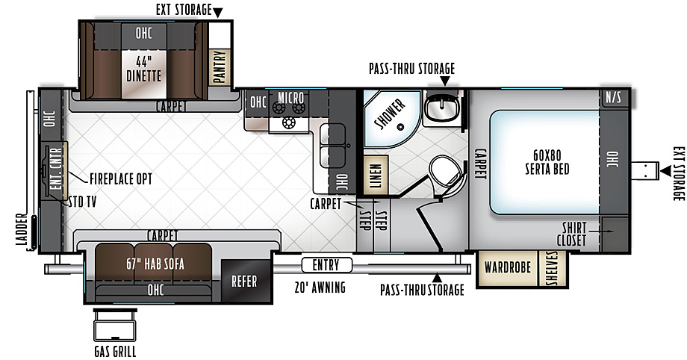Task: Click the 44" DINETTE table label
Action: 143,69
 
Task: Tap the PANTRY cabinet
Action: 220,66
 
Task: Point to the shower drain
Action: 400,127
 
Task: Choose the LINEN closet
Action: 376,176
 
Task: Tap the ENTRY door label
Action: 326,265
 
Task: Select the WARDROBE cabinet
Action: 507,268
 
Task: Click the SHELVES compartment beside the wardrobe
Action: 552,268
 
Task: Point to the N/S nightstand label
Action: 613,97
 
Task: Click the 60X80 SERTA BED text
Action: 547,162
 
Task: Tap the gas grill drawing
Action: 115,325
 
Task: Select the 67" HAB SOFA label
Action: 155,264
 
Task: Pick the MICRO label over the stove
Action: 291,97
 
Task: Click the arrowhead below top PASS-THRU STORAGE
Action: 445,81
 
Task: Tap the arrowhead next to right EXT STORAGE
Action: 665,170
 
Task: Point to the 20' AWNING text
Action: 320,288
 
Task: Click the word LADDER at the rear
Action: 22,229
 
